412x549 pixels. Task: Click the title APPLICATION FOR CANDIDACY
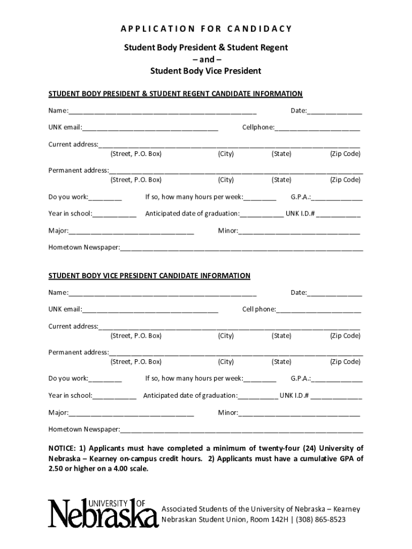206,28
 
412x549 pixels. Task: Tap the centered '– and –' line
206,59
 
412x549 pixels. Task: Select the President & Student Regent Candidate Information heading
176,94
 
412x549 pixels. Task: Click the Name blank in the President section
162,112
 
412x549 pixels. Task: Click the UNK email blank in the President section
150,128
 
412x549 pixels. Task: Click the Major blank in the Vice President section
131,413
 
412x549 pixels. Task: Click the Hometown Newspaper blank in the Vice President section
241,430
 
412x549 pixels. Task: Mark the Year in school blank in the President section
114,214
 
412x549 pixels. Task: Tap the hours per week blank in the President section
260,197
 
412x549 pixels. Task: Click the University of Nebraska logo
100,514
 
